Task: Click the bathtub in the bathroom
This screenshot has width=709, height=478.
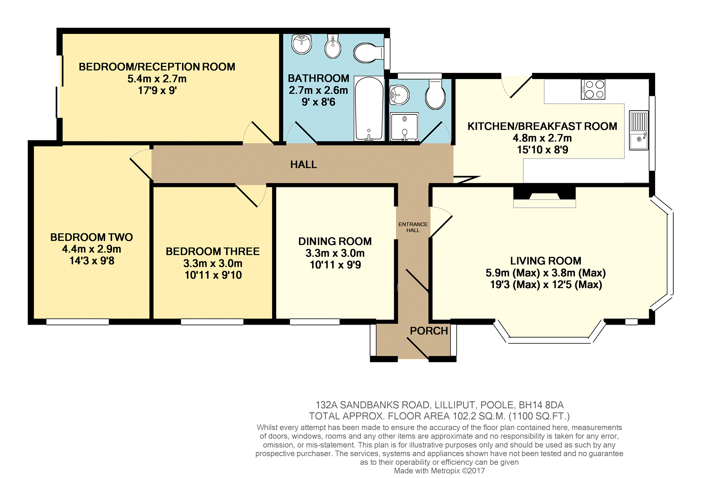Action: click(369, 108)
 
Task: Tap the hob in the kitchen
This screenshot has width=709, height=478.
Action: click(593, 89)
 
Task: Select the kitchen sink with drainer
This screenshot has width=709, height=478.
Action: click(639, 130)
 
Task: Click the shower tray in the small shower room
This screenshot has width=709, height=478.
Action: click(404, 126)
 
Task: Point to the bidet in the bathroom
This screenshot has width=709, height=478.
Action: click(333, 46)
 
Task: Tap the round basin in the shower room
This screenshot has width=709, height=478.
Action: click(399, 95)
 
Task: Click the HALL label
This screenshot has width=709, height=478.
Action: click(304, 164)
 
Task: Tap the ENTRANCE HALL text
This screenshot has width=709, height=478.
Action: click(413, 227)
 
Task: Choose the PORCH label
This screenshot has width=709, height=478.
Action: click(429, 331)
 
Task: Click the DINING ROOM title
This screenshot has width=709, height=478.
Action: click(335, 241)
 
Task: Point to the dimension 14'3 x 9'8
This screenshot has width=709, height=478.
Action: click(92, 261)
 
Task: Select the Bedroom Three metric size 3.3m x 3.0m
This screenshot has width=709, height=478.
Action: click(213, 263)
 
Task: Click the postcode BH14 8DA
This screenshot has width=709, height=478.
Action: click(541, 405)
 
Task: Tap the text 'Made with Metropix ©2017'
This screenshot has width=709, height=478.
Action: click(439, 471)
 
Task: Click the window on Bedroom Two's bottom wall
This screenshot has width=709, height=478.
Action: click(78, 322)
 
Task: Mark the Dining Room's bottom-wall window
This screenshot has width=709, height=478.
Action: click(315, 322)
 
